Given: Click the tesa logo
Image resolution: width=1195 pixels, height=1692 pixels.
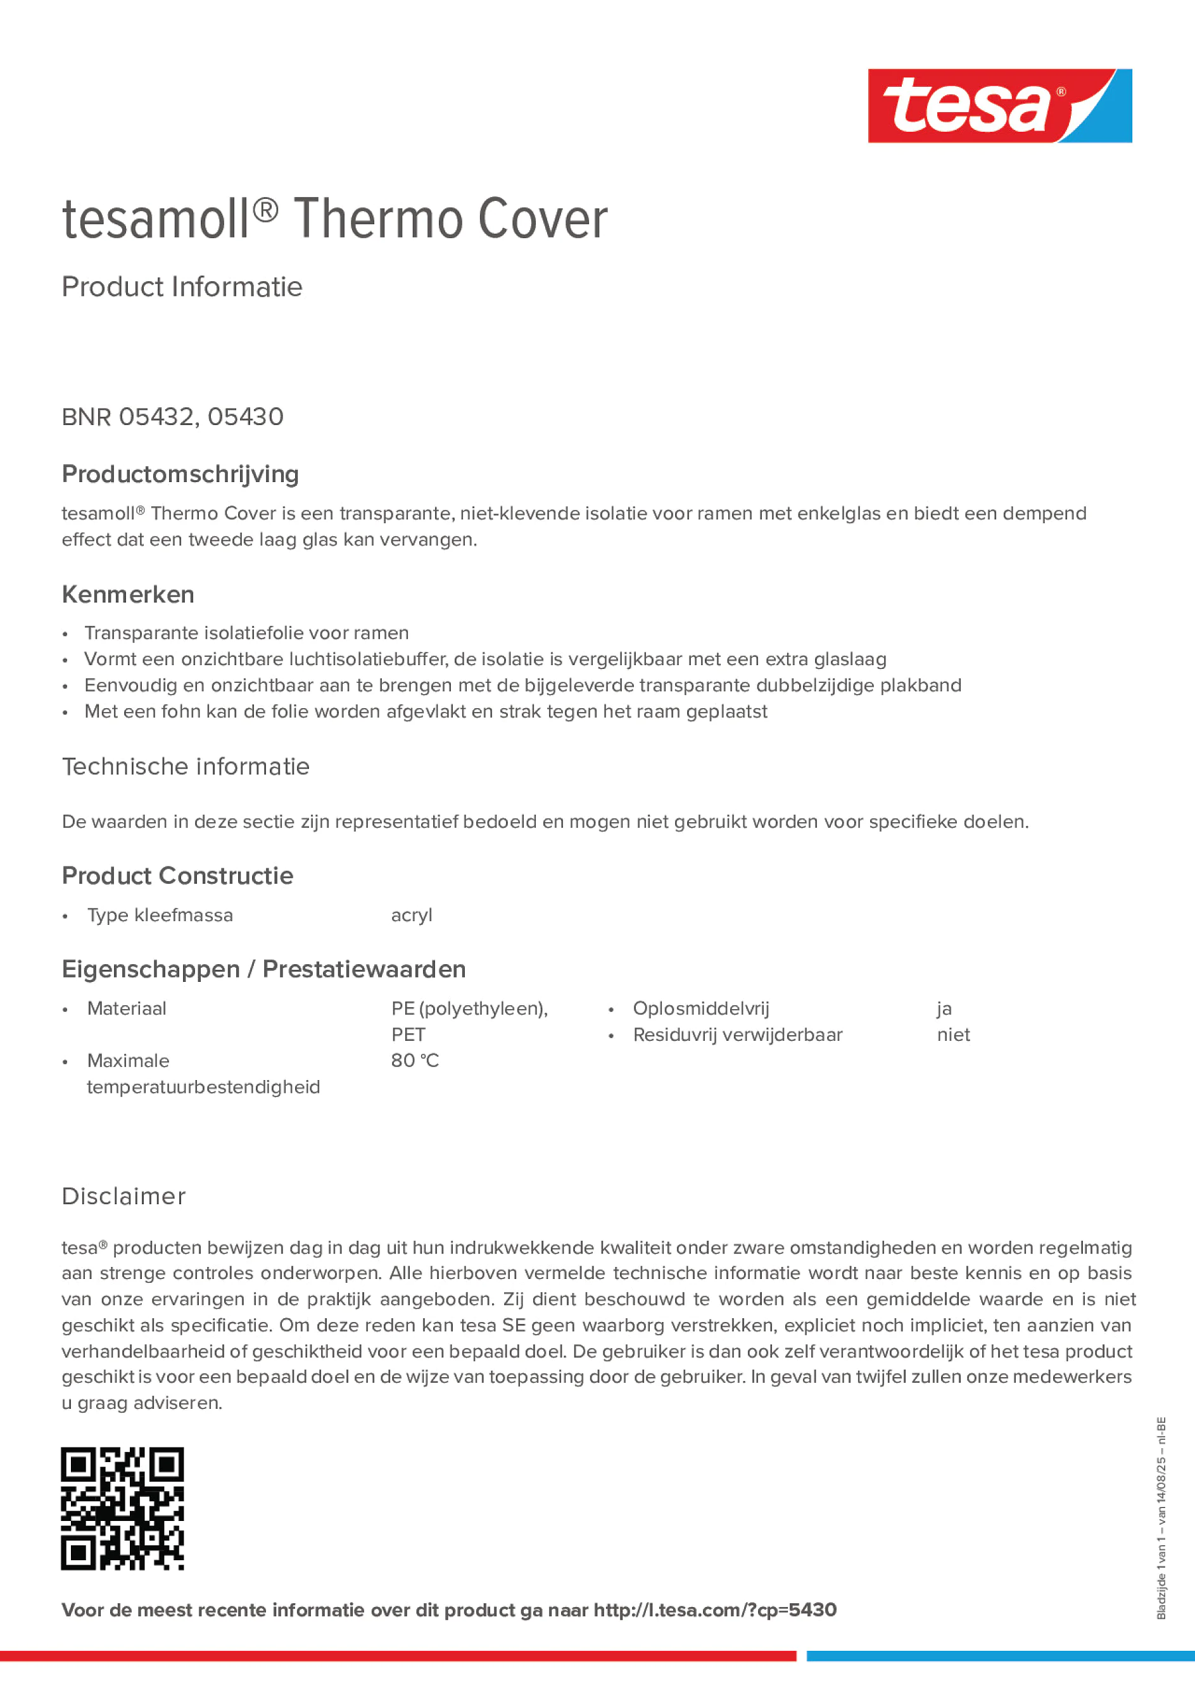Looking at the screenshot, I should pyautogui.click(x=999, y=106).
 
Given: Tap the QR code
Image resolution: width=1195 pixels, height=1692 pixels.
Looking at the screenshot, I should pyautogui.click(x=122, y=1508).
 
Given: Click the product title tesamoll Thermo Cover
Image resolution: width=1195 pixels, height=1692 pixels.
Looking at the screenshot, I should pyautogui.click(x=334, y=219).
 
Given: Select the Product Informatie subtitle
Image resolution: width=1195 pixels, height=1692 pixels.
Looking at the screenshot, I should pyautogui.click(x=182, y=287).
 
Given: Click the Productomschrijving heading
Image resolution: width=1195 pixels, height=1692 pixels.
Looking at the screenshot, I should pyautogui.click(x=180, y=474).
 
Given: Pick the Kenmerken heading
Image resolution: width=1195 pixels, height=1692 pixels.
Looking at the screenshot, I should pyautogui.click(x=128, y=594).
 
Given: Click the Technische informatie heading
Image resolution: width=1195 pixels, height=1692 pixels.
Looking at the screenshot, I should pyautogui.click(x=186, y=766).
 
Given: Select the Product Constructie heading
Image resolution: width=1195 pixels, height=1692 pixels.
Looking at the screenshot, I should pyautogui.click(x=177, y=875).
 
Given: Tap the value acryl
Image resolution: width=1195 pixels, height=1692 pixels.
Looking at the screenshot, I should pyautogui.click(x=411, y=915).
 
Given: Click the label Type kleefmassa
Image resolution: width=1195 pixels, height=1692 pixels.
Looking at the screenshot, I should pyautogui.click(x=160, y=915).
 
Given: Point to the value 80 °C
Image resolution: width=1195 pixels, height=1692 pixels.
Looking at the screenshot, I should pyautogui.click(x=415, y=1060).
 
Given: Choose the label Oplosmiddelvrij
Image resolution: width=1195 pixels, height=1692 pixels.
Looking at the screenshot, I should pyautogui.click(x=700, y=1008).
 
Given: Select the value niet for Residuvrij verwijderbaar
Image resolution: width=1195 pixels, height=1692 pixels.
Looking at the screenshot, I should pyautogui.click(x=953, y=1034).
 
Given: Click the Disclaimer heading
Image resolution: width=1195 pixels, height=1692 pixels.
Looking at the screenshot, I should pyautogui.click(x=123, y=1196).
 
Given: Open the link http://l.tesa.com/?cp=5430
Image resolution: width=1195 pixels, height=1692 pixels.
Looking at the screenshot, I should pyautogui.click(x=714, y=1610).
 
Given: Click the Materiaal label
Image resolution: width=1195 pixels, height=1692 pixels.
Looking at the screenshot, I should pyautogui.click(x=127, y=1008).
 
